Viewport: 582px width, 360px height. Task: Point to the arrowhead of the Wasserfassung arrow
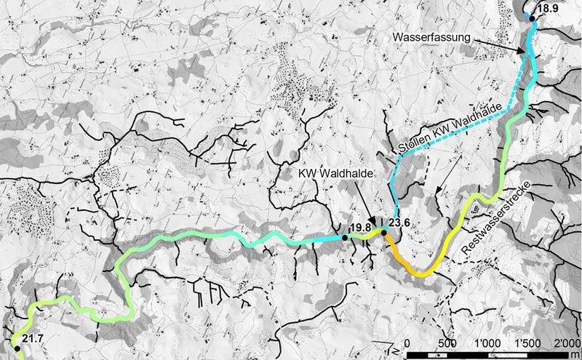(x=523, y=52)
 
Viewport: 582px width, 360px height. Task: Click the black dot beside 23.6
(x=383, y=233)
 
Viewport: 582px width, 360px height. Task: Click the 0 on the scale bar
(x=407, y=343)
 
